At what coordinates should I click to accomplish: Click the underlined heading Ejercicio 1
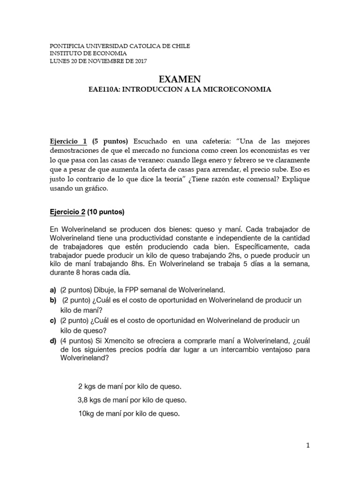tap(68, 141)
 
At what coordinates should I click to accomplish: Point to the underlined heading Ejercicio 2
tap(67, 212)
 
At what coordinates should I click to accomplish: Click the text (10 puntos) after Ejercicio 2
tap(105, 212)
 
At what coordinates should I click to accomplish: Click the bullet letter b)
tap(53, 300)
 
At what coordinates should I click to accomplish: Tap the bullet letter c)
tap(53, 320)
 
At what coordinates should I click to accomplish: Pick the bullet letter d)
tap(53, 340)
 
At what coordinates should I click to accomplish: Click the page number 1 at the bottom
tap(308, 446)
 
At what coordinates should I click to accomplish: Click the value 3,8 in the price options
tap(82, 400)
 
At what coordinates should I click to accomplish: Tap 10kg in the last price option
tap(86, 414)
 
